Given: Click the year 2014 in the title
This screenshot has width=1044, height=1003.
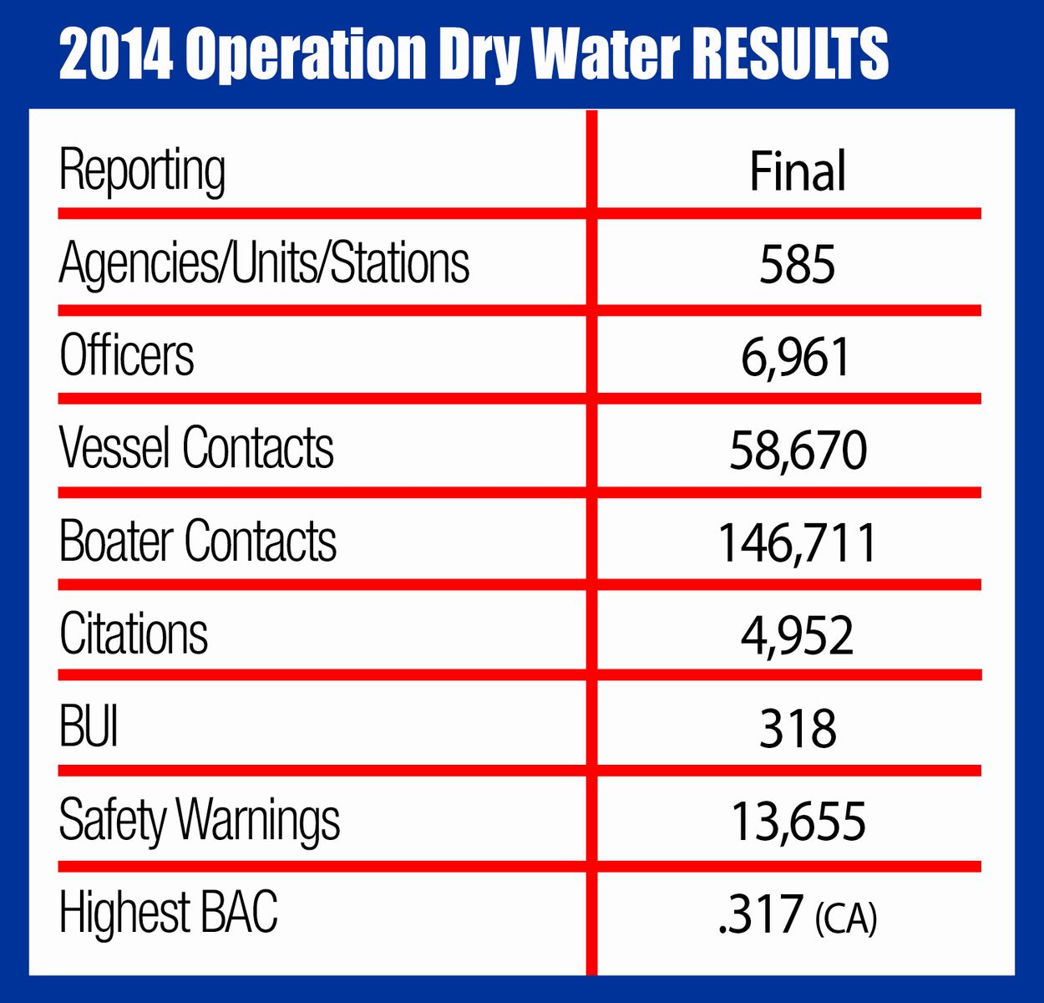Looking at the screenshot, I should point(116,54).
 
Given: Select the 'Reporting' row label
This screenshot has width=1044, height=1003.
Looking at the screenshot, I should point(142,171).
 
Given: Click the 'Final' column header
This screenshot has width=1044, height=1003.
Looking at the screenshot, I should point(798,171).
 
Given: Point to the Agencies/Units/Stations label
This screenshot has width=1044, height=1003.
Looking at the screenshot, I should point(264,263).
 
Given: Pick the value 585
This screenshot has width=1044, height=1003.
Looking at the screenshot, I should point(798,265).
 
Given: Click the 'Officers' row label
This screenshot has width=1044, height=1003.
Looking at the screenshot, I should point(127,356).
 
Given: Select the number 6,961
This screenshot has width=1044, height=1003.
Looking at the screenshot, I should point(796,358).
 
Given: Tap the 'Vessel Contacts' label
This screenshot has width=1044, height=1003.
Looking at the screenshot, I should point(196,448).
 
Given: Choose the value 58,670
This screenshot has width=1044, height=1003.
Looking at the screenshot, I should point(798,451).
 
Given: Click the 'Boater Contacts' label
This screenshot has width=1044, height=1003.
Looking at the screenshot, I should point(198,541).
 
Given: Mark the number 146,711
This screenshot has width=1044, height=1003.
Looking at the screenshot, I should point(798,543).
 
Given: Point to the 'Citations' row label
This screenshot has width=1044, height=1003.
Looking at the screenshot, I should point(134,634).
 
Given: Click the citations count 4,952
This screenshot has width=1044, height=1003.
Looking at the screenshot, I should point(798,636).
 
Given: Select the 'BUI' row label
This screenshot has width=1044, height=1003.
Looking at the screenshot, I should point(89,726).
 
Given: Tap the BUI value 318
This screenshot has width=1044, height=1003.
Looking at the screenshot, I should point(798,729).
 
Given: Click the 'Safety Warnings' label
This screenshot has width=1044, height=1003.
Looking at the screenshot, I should point(200,820).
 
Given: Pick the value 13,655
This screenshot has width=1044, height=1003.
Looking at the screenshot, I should point(798,822).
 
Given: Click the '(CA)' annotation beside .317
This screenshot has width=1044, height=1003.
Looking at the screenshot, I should point(845,918).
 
